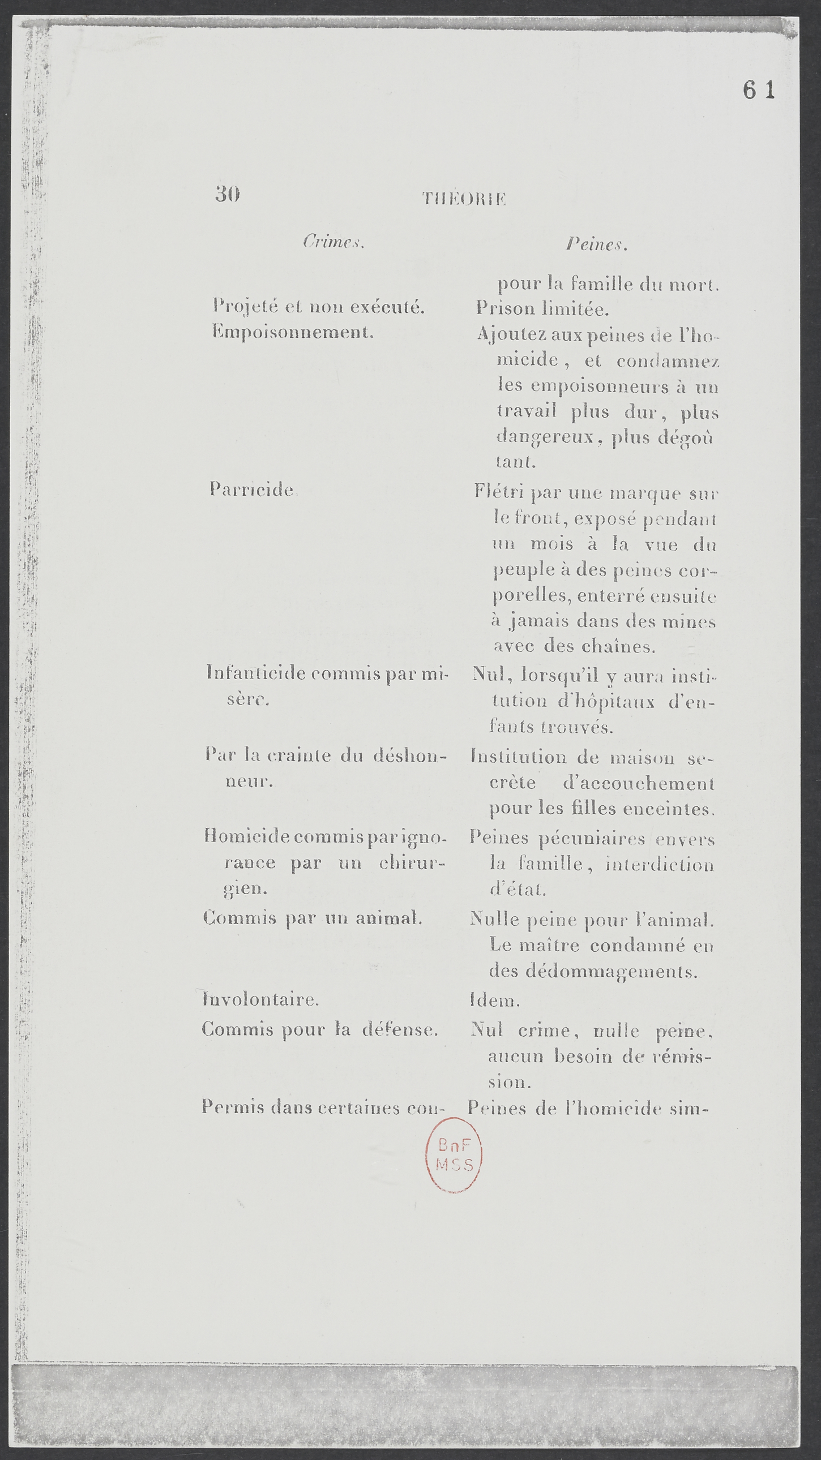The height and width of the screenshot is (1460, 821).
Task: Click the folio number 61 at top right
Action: (758, 90)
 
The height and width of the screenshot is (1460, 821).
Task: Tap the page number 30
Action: (228, 195)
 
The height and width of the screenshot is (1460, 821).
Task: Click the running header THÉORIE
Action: (464, 199)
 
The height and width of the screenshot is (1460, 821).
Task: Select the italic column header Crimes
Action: (333, 242)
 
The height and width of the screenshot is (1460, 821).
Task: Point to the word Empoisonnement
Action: (293, 332)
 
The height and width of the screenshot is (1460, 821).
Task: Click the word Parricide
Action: (251, 489)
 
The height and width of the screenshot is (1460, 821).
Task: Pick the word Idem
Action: (494, 1000)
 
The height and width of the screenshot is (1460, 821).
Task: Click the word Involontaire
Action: (260, 999)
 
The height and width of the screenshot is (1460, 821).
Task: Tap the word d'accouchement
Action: (639, 783)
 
